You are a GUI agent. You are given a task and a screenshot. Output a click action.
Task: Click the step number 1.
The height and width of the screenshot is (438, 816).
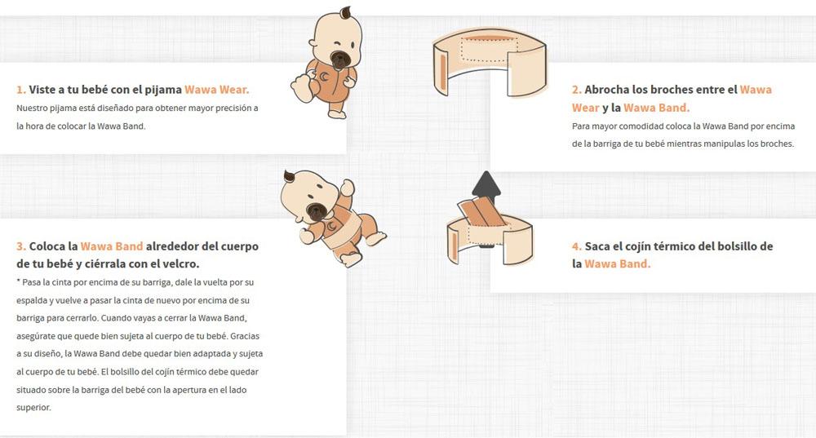21,90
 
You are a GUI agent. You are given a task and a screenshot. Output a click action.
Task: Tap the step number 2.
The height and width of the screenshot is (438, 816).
577,90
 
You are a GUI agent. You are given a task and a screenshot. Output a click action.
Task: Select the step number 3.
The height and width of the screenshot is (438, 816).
21,246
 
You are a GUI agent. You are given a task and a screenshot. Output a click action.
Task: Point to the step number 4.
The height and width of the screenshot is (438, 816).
577,246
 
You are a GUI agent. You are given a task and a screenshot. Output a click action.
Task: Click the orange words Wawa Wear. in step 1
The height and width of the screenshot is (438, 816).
217,90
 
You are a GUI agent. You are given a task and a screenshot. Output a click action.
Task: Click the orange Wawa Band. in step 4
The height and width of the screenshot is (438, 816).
617,263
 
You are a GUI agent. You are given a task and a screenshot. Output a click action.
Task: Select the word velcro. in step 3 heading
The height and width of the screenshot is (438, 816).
181,263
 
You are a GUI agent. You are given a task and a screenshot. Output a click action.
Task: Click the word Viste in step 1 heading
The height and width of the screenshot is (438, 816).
42,90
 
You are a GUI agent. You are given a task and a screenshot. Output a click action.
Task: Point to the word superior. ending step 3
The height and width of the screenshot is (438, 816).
33,408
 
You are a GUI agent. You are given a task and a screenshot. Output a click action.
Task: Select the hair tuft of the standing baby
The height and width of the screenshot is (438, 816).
346,13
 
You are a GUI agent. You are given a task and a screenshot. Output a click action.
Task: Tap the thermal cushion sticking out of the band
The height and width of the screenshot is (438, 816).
482,212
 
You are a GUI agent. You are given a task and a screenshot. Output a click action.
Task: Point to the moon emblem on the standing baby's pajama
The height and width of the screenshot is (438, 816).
324,77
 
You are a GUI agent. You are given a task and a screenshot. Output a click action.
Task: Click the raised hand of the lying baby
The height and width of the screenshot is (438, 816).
348,188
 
